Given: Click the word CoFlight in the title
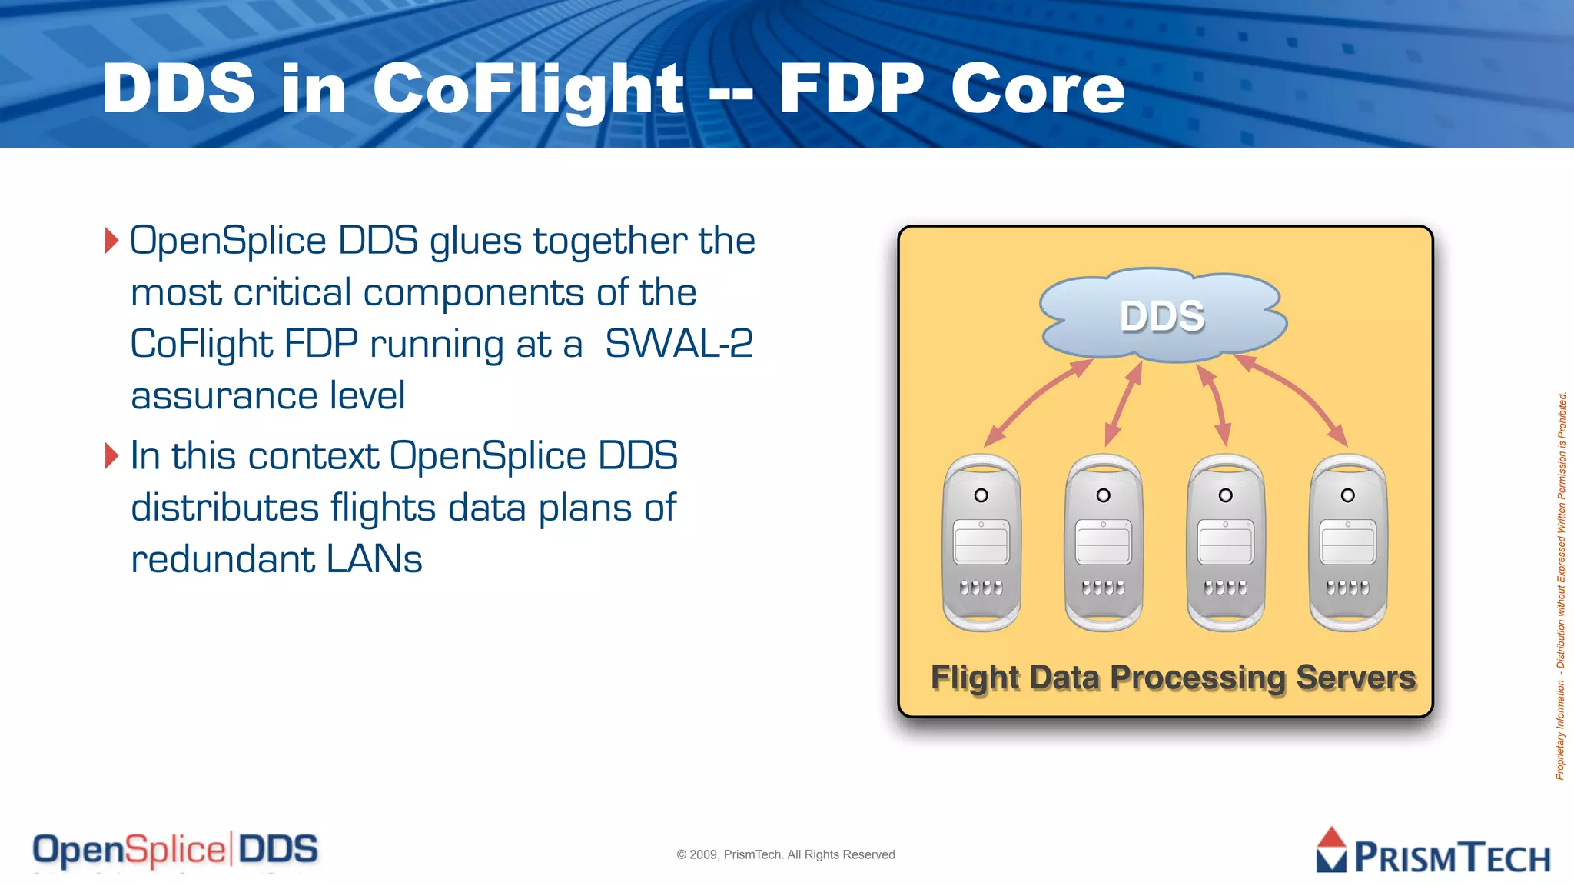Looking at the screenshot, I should tap(527, 89).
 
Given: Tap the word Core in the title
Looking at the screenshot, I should tap(1038, 89).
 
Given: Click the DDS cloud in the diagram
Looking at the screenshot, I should tap(1162, 315).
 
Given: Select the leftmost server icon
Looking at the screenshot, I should tap(981, 543).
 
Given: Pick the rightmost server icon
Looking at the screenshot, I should tap(1348, 543).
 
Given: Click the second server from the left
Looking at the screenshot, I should tap(1104, 543).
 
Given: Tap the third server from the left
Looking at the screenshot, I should tap(1226, 543).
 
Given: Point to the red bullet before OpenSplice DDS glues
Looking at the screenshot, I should tap(112, 241).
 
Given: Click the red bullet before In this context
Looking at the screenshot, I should tap(112, 455).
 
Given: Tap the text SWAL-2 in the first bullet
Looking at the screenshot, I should tap(679, 344).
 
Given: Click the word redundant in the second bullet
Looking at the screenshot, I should tap(223, 559).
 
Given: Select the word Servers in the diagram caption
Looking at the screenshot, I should tap(1356, 678).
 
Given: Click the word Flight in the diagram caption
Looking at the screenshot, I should tap(975, 678).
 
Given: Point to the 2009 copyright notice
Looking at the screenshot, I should tap(785, 854).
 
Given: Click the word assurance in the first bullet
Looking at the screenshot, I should tap(224, 396).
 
